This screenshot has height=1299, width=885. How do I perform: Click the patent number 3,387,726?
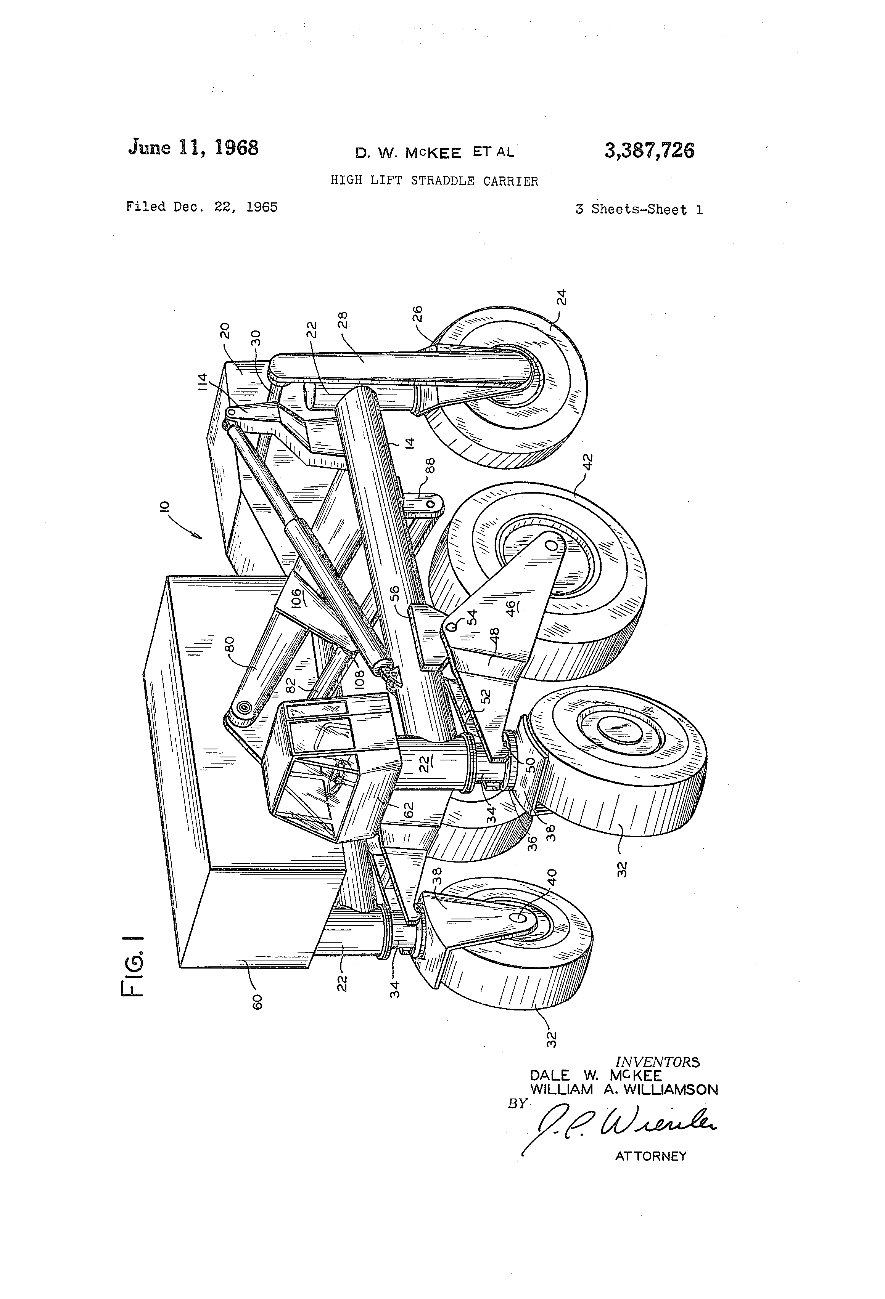click(649, 151)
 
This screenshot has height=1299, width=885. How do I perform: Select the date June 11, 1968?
click(193, 148)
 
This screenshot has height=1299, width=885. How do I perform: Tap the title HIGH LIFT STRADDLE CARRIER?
click(434, 181)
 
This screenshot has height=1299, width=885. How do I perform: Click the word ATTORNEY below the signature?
click(651, 1156)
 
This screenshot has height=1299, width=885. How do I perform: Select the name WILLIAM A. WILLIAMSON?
click(624, 1089)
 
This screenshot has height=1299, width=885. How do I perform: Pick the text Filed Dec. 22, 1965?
click(201, 207)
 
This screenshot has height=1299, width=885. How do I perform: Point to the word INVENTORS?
click(657, 1062)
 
